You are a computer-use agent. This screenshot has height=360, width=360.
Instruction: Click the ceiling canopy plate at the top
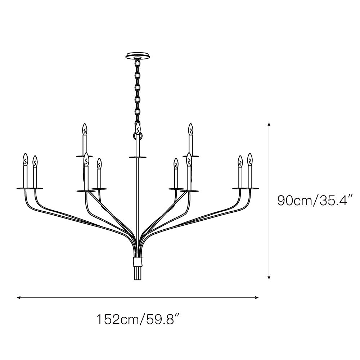tap(138, 56)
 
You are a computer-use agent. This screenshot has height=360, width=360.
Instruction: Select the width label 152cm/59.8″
tap(138, 319)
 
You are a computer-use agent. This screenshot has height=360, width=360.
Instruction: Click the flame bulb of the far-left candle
tap(25, 159)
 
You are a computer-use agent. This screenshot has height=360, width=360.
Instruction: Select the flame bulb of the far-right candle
tap(250, 159)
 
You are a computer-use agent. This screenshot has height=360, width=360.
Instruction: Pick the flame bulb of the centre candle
tap(138, 128)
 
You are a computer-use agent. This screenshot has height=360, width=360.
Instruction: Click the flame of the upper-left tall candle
tap(85, 129)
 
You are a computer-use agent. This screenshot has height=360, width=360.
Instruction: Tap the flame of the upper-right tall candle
tap(190, 129)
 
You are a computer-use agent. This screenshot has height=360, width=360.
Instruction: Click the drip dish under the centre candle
tap(138, 157)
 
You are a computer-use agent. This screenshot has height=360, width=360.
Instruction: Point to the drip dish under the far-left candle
tap(25, 188)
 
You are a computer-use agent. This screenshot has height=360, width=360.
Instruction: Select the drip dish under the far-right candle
tap(250, 188)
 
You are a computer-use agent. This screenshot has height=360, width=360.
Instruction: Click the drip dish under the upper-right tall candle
tap(191, 156)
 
